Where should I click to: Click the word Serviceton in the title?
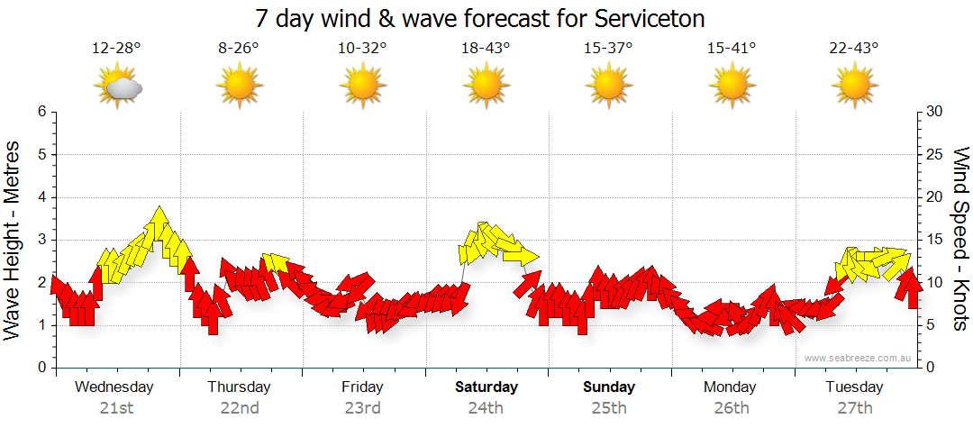coord(648,19)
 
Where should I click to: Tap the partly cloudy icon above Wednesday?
coord(118,87)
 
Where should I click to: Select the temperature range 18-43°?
coord(486,49)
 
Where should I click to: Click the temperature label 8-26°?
coord(239,49)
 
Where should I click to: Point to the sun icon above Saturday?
coord(486,87)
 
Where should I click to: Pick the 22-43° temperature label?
coord(854,49)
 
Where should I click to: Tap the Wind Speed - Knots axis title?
coord(959,240)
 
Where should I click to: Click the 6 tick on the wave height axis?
coord(41,112)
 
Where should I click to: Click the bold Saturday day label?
coord(486,387)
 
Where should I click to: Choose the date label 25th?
coord(609,408)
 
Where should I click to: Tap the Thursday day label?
coord(239,387)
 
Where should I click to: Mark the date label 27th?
coord(854,408)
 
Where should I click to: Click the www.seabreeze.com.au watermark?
coord(859,358)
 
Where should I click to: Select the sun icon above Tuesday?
coord(854,87)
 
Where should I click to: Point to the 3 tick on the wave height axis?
coord(41,240)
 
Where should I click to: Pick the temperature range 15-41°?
coord(731,49)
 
